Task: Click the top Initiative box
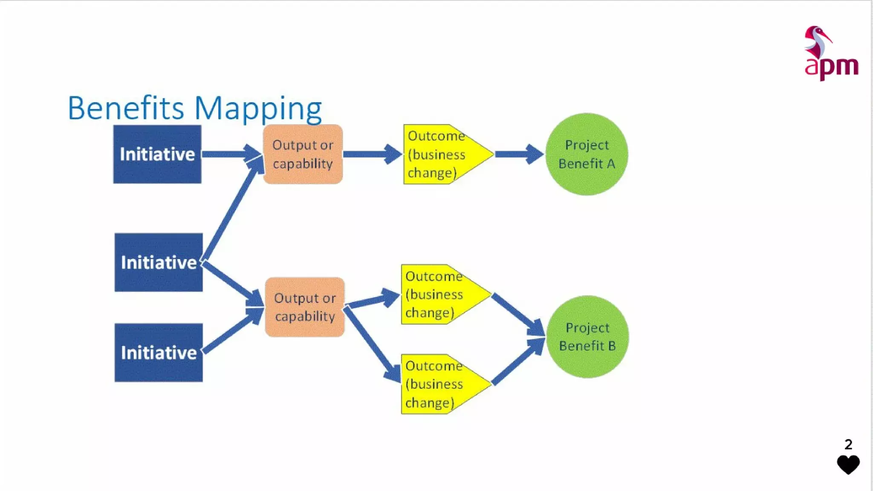click(x=157, y=154)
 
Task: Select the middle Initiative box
click(x=159, y=262)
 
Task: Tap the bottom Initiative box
click(x=159, y=352)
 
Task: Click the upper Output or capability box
click(x=303, y=154)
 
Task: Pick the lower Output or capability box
click(x=304, y=307)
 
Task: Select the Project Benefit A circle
click(x=587, y=154)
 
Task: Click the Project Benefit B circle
click(x=587, y=336)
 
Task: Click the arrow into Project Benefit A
click(x=518, y=154)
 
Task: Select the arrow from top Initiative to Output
click(x=230, y=154)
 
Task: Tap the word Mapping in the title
click(x=258, y=109)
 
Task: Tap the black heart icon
click(x=848, y=464)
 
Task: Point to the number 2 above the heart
click(x=848, y=445)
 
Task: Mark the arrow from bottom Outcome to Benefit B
click(x=517, y=362)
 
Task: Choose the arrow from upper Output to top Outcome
click(x=372, y=154)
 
